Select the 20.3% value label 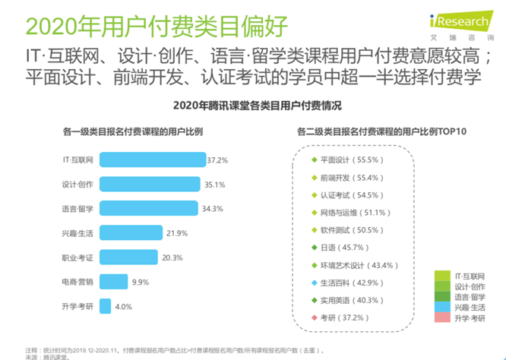tap(172, 257)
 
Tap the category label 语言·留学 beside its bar tap(77, 209)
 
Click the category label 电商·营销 tap(77, 281)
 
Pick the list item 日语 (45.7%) tap(342, 248)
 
